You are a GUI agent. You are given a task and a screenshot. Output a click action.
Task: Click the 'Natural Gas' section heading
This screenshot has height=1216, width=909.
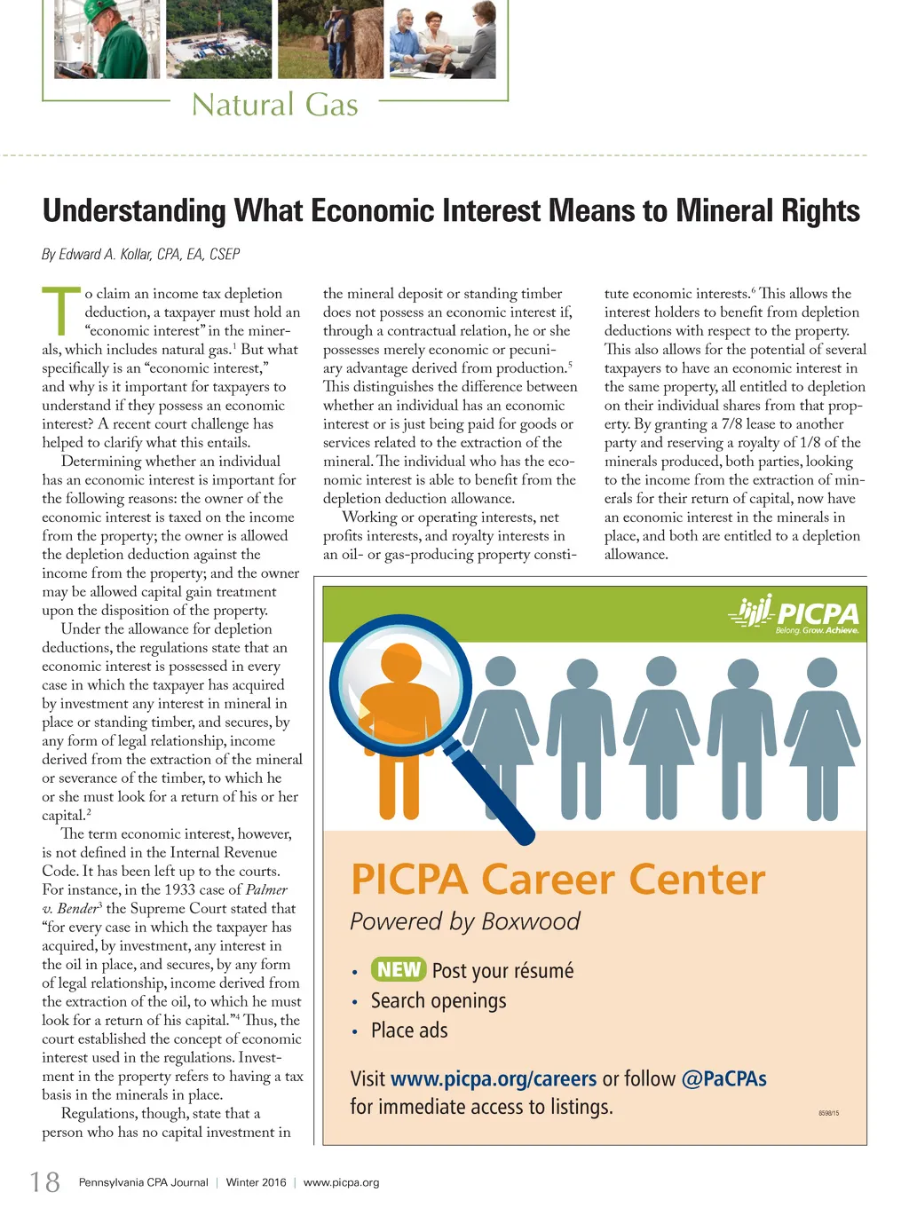click(275, 106)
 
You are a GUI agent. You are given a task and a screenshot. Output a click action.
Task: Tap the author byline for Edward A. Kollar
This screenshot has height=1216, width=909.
click(141, 255)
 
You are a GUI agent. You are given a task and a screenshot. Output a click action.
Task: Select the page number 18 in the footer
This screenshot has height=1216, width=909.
click(45, 1181)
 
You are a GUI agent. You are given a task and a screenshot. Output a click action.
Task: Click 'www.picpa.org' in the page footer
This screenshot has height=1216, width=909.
click(341, 1182)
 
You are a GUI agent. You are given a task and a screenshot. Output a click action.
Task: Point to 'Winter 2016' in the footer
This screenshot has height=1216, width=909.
click(256, 1182)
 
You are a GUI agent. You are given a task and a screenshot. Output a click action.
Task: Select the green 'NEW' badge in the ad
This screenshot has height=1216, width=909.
click(399, 969)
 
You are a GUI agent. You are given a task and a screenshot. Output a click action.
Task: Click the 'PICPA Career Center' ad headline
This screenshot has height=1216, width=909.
click(557, 880)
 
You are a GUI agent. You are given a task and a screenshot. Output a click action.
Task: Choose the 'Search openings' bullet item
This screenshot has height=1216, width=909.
click(439, 1000)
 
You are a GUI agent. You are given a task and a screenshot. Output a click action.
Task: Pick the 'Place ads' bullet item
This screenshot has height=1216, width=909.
click(409, 1030)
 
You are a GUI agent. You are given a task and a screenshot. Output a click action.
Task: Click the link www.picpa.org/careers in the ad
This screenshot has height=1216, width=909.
click(494, 1078)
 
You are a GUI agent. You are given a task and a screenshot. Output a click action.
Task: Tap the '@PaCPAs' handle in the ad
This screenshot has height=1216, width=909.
click(723, 1078)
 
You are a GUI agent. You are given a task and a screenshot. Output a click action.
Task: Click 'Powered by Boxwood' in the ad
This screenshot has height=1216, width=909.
click(465, 921)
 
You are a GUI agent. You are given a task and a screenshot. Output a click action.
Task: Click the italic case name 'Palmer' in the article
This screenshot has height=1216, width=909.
click(266, 889)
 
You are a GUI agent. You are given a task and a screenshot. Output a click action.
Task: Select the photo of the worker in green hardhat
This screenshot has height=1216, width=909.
click(107, 40)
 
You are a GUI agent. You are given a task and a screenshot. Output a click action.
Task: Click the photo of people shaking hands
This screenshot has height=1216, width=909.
click(442, 40)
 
